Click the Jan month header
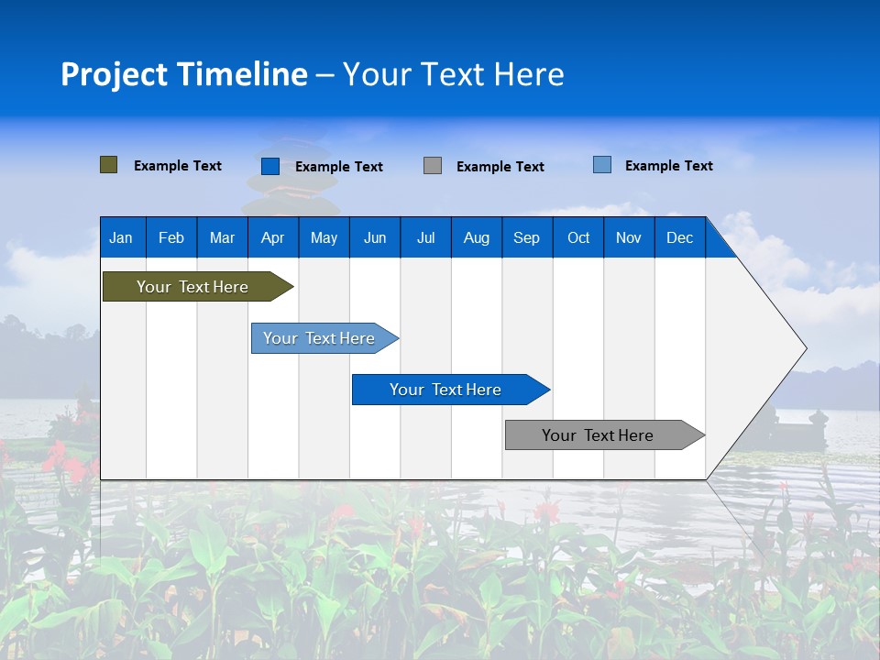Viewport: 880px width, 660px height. coord(121,237)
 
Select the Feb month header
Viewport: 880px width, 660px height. coord(171,237)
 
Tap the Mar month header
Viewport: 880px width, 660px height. coord(222,237)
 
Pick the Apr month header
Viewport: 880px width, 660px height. coord(272,237)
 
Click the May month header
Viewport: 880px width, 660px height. coord(324,237)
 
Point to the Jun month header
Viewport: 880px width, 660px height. coord(375,237)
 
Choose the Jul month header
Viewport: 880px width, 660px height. coord(425,237)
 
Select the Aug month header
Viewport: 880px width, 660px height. coord(476,237)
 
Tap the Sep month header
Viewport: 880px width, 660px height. coord(526,237)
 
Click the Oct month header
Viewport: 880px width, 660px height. coord(578,237)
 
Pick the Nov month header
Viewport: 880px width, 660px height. coord(629,237)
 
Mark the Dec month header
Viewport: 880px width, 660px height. coord(680,237)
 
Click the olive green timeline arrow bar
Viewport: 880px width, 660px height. coord(192,287)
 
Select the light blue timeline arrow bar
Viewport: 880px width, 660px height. coord(320,338)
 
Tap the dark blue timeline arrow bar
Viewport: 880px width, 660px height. coord(446,390)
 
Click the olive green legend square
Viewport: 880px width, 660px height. coord(109,165)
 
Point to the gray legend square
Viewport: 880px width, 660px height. coord(433,166)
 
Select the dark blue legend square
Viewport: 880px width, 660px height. coord(270,166)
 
